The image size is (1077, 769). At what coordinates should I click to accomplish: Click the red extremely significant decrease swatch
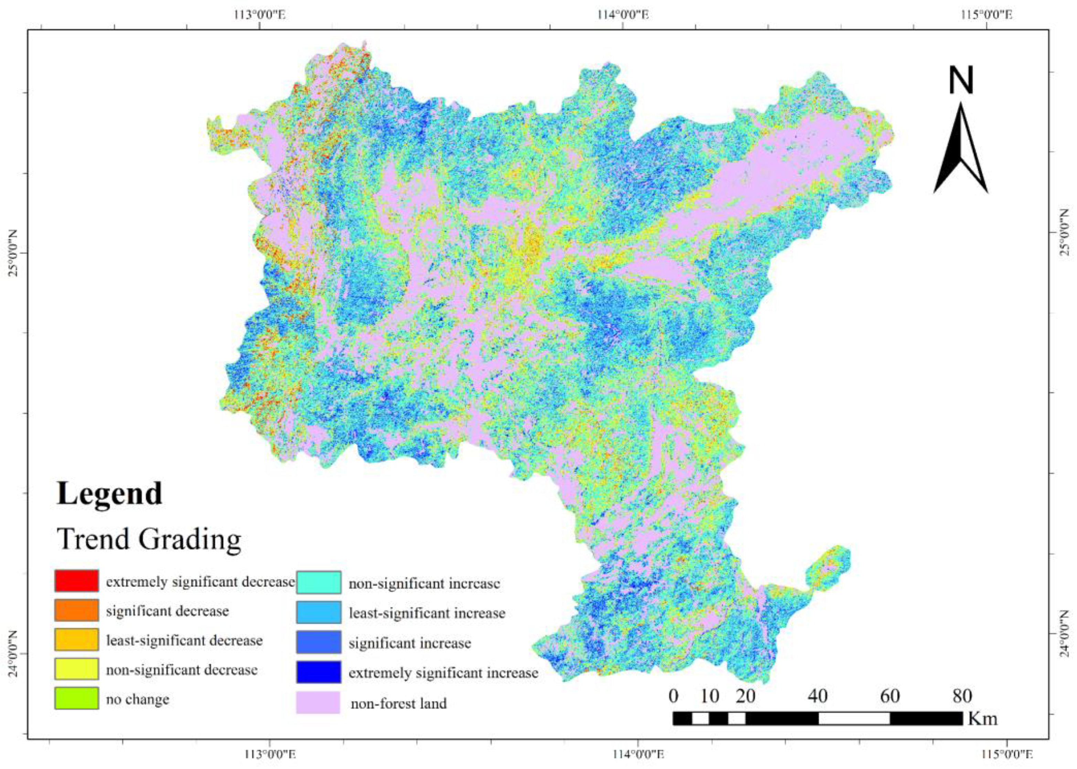(76, 581)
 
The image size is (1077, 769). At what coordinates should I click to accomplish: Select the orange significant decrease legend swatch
(76, 610)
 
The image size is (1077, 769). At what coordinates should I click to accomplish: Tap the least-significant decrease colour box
(76, 640)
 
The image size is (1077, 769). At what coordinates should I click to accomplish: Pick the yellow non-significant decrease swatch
(76, 669)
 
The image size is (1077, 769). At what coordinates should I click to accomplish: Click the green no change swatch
(76, 698)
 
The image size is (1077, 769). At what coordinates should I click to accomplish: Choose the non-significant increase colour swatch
(319, 583)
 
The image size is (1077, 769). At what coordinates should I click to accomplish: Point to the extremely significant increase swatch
(319, 672)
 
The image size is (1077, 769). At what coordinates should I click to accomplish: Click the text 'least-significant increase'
(427, 613)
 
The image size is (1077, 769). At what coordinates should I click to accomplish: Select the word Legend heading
(109, 494)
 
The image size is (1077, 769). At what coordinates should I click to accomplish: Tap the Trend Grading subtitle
(149, 539)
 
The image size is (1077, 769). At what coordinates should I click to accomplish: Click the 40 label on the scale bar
(818, 696)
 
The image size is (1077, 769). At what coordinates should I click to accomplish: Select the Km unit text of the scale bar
(982, 718)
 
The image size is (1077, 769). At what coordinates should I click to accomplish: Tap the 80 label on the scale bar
(962, 696)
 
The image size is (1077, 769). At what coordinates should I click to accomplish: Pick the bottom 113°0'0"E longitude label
(269, 754)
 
